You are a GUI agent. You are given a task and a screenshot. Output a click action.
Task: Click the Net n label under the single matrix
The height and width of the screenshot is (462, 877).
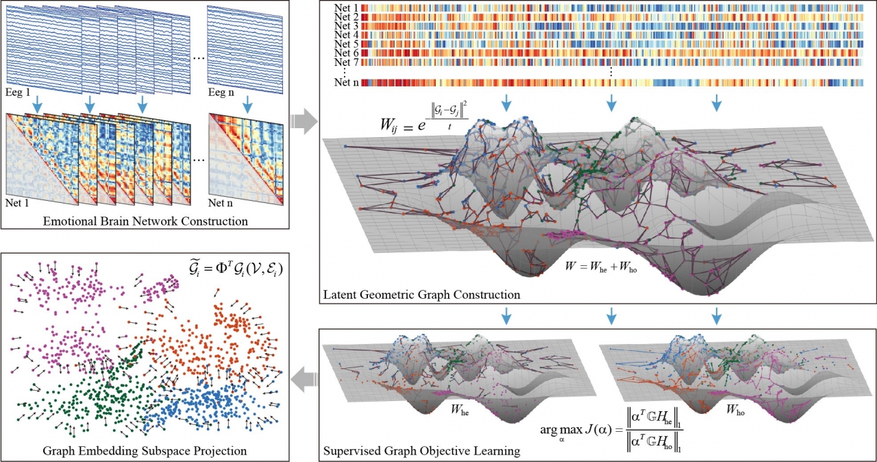point(221,204)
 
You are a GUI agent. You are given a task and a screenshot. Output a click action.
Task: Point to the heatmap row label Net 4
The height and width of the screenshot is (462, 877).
point(348,35)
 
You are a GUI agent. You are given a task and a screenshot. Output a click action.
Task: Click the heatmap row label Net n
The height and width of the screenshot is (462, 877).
point(348,84)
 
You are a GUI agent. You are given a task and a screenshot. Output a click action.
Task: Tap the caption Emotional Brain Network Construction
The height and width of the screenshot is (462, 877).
point(145,221)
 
